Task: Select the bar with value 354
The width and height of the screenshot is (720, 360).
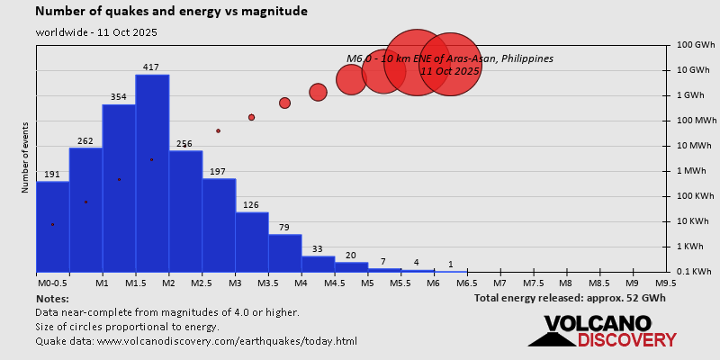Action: tap(119, 188)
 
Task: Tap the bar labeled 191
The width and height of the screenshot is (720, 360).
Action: tap(52, 226)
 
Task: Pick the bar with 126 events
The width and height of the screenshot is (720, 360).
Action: tap(252, 241)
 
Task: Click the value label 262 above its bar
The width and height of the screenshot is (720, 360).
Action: tap(85, 141)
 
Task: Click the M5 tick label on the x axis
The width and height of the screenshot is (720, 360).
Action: tap(367, 283)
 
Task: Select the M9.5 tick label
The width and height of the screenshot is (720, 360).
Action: tap(666, 283)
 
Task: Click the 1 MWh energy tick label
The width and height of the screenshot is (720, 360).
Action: tap(693, 170)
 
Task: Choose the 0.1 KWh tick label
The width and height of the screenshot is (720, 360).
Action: tap(694, 271)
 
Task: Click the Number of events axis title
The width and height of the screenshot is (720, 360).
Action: tap(26, 159)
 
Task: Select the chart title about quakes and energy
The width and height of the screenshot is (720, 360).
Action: tap(171, 12)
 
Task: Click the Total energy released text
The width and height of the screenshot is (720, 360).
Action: tap(570, 298)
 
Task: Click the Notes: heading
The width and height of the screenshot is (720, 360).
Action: tap(52, 298)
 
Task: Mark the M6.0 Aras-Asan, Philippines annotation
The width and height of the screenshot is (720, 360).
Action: tap(449, 64)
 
